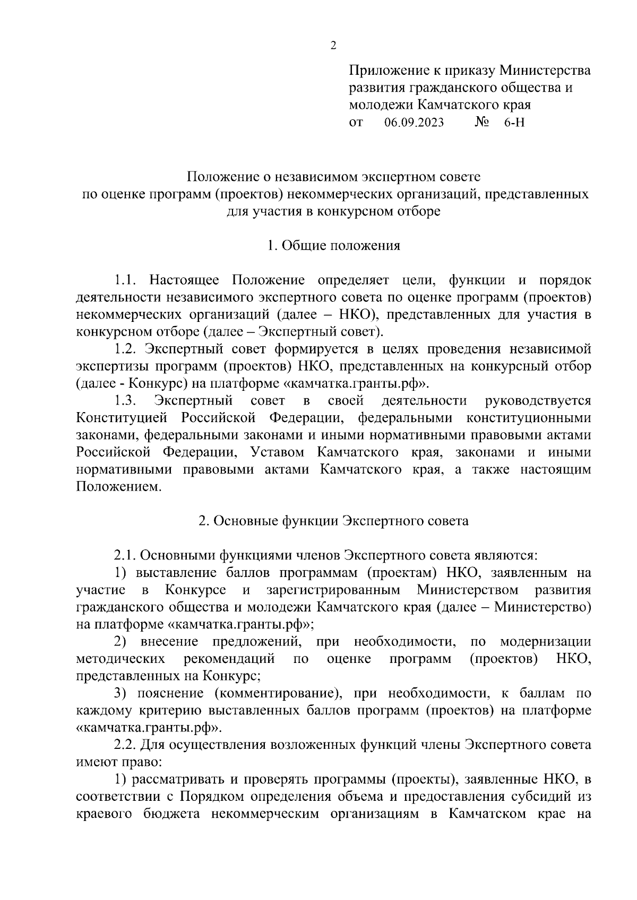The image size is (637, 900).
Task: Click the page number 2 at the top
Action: point(333,46)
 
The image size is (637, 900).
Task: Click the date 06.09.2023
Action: point(414,123)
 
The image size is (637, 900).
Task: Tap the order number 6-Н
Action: point(514,123)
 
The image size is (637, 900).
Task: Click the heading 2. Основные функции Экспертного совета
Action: point(333,521)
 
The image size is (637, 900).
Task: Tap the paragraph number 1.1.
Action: point(126,280)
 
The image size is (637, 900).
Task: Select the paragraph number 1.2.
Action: point(126,349)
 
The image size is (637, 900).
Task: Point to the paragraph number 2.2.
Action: point(125,745)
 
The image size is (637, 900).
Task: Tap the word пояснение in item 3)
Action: point(170,693)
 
